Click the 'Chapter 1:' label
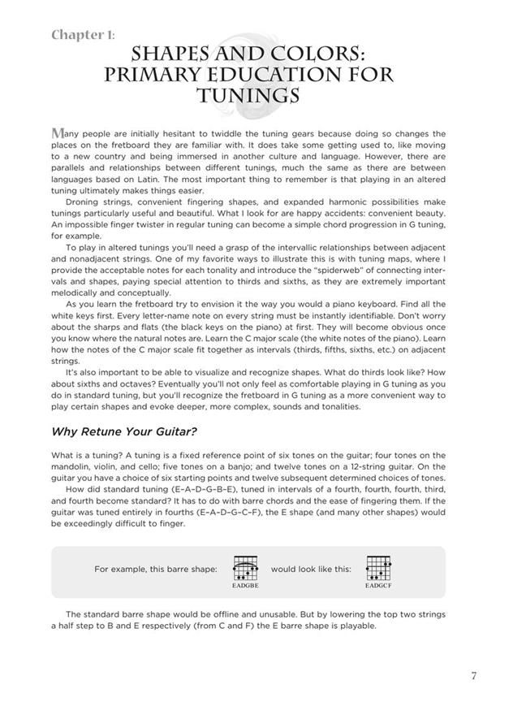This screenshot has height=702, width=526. pyautogui.click(x=83, y=35)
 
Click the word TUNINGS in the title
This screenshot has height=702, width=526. pyautogui.click(x=248, y=96)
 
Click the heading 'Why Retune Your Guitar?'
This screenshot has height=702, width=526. pyautogui.click(x=124, y=431)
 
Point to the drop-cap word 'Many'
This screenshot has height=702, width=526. pyautogui.click(x=68, y=133)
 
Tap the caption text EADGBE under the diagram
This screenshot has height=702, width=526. pyautogui.click(x=245, y=584)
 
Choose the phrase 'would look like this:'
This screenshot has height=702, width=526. pyautogui.click(x=311, y=569)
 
